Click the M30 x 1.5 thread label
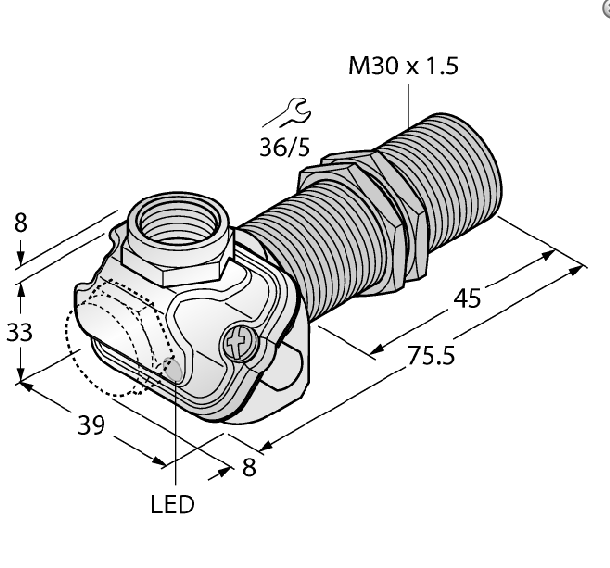point(403,66)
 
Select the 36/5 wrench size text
point(285,148)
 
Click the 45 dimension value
point(468,299)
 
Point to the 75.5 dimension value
point(430,355)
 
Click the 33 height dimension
point(20,333)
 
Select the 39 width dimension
point(92,425)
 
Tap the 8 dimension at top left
point(20,223)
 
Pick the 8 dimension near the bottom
point(249,466)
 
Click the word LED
point(173,504)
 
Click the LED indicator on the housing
point(173,370)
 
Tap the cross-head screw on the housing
point(238,342)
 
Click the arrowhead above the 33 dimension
point(20,289)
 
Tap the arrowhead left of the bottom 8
point(221,473)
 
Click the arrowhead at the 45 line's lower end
point(377,349)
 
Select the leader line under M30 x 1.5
point(409,106)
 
